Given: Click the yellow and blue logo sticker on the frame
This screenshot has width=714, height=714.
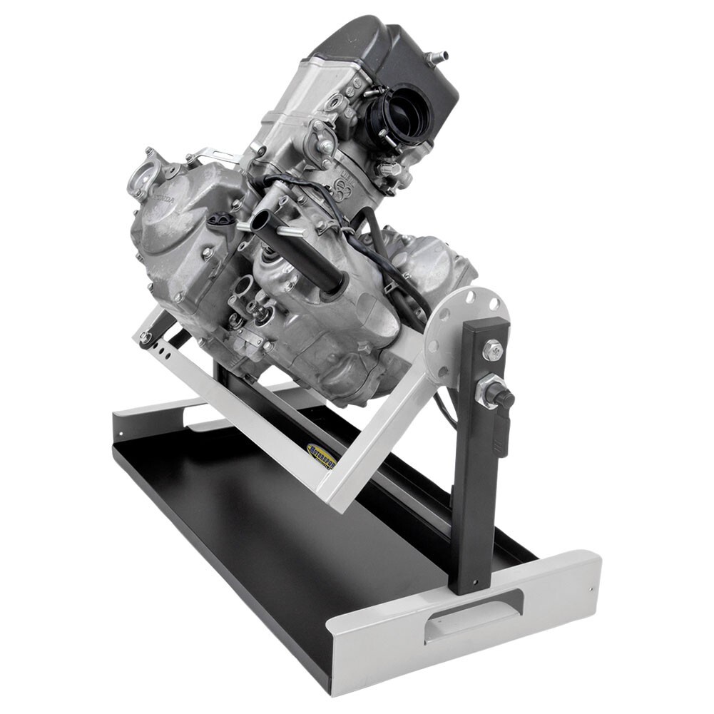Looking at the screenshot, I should (321, 456).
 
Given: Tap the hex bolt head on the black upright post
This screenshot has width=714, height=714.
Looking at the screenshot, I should (492, 350).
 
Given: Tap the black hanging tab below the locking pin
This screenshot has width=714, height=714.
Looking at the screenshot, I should (501, 436).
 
